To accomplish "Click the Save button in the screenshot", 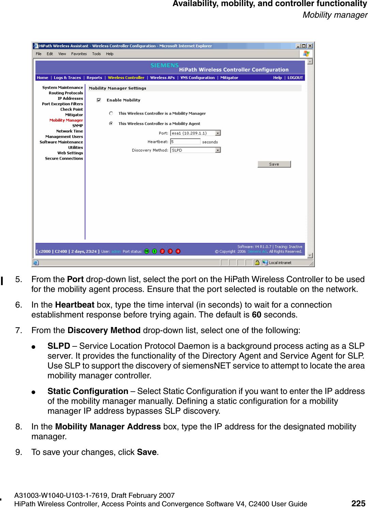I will point(274,164).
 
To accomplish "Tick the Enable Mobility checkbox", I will point(99,100).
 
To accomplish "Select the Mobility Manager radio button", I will point(111,113).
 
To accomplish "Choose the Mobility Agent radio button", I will point(111,124).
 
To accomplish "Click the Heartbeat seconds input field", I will point(185,142).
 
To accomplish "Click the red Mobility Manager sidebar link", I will point(66,120).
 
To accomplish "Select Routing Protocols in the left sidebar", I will point(66,93).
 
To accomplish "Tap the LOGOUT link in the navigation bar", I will point(295,78).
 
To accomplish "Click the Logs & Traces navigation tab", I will point(67,78).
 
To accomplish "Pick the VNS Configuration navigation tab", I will point(198,78).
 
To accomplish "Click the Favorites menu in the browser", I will point(79,54).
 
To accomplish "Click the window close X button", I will point(310,46).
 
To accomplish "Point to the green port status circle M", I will point(147,251).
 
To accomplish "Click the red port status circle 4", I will point(178,251).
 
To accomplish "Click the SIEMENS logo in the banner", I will point(165,65).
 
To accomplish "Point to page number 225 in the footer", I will point(358,503).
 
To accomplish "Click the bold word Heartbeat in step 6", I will point(75,305).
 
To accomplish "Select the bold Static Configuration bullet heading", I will point(88,391).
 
